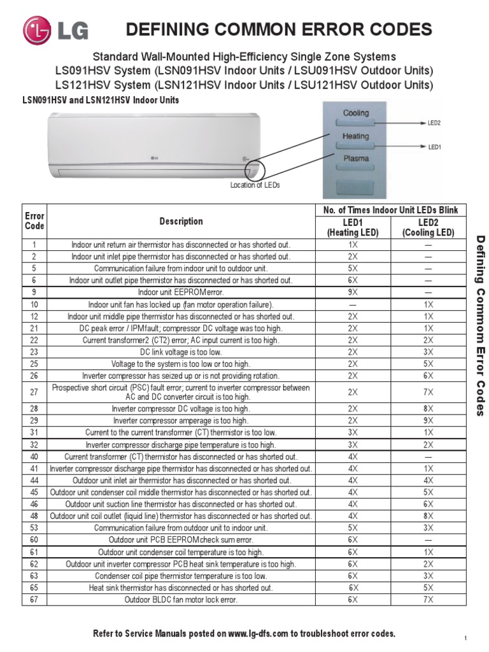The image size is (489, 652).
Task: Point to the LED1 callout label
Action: pyautogui.click(x=435, y=146)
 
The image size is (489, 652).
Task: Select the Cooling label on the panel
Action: pyautogui.click(x=356, y=113)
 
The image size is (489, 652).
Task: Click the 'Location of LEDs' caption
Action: pyautogui.click(x=255, y=185)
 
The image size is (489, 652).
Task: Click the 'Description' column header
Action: pyautogui.click(x=181, y=222)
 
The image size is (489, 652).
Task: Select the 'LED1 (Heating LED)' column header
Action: pyautogui.click(x=353, y=227)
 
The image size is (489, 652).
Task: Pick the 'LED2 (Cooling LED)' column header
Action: pyautogui.click(x=428, y=227)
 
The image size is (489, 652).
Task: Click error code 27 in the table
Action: pyautogui.click(x=34, y=392)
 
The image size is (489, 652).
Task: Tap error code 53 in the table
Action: pyautogui.click(x=34, y=528)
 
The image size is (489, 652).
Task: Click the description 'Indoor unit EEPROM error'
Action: pyautogui.click(x=181, y=292)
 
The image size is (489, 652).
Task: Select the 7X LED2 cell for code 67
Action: pyautogui.click(x=428, y=600)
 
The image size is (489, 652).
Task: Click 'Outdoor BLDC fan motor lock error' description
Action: pyautogui.click(x=181, y=600)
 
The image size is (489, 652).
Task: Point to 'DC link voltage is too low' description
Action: pyautogui.click(x=181, y=351)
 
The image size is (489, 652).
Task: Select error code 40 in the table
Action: pyautogui.click(x=34, y=457)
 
